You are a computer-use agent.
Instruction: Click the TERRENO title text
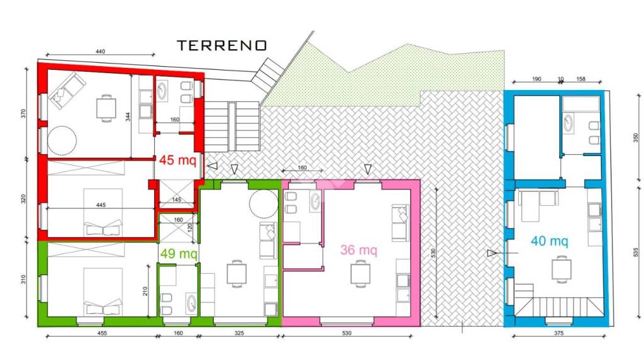click(x=222, y=45)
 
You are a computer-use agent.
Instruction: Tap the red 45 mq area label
click(x=178, y=159)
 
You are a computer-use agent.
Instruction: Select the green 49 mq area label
click(x=179, y=253)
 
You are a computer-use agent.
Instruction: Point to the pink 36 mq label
click(x=358, y=249)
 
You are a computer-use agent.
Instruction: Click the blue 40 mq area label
click(x=550, y=240)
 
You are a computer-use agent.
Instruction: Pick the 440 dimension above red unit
click(x=100, y=52)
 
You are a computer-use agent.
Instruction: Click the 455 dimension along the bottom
click(x=102, y=333)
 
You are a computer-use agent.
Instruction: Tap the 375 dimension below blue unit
click(x=558, y=333)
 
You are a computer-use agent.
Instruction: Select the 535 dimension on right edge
click(x=636, y=251)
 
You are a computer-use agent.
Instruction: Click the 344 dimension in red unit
click(x=128, y=116)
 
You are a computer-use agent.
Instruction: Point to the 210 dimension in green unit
click(x=145, y=291)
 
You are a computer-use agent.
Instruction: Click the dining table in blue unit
click(x=562, y=269)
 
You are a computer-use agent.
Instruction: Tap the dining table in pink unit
click(x=360, y=274)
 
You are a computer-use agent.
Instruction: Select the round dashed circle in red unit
click(x=62, y=140)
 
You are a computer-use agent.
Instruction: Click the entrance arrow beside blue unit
click(x=492, y=253)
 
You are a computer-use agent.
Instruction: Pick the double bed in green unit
click(x=103, y=292)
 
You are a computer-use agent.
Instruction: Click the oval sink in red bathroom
click(x=162, y=91)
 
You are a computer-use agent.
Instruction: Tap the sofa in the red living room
click(x=67, y=91)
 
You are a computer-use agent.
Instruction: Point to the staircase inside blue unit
click(x=558, y=306)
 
